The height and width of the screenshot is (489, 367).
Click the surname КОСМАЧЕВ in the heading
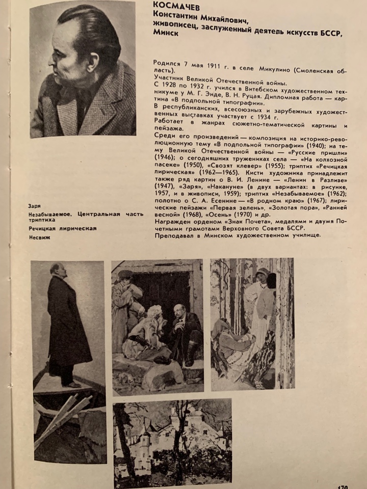[176, 6]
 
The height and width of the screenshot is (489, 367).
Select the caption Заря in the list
[35, 206]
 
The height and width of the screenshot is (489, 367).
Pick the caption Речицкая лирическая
[63, 229]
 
